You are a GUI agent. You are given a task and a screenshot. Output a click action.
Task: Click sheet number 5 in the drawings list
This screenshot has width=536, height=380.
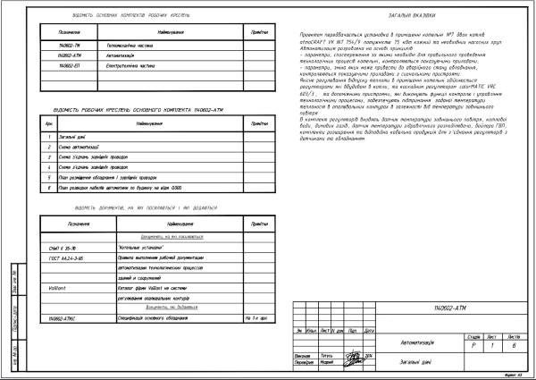50,176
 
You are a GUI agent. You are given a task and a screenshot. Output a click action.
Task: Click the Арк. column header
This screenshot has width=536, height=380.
49,122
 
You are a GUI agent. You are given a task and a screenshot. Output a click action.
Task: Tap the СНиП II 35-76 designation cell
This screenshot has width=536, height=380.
62,245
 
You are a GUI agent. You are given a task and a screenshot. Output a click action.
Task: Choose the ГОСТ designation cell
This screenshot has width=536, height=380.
62,256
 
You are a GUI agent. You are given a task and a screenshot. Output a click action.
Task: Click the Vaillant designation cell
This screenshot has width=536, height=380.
58,285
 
